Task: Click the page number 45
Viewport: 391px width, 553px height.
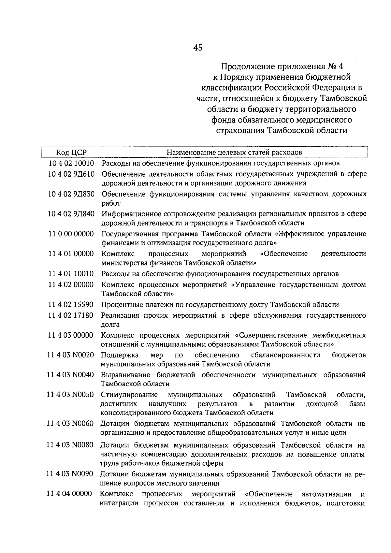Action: pos(197,48)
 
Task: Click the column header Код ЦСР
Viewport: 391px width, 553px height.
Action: pos(71,152)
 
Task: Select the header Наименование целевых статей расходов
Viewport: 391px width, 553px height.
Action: pos(234,152)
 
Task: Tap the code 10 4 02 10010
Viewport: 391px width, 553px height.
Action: pos(71,163)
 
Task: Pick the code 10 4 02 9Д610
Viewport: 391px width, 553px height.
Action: pos(71,174)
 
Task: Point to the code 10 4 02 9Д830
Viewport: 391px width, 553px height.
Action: pos(71,194)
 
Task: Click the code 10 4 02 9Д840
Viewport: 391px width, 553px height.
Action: pos(71,214)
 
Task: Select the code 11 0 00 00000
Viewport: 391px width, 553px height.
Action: pos(71,234)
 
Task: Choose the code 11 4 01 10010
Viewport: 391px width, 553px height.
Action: pos(71,274)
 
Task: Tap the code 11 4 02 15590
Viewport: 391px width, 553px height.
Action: pos(71,305)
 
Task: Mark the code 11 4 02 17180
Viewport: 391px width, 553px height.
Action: pos(71,315)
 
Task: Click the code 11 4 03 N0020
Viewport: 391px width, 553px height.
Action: pos(70,355)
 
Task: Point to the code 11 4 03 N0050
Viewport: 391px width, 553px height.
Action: pos(70,395)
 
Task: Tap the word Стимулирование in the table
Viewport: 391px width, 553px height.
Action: pos(129,395)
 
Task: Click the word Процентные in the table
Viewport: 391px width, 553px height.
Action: pos(122,305)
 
